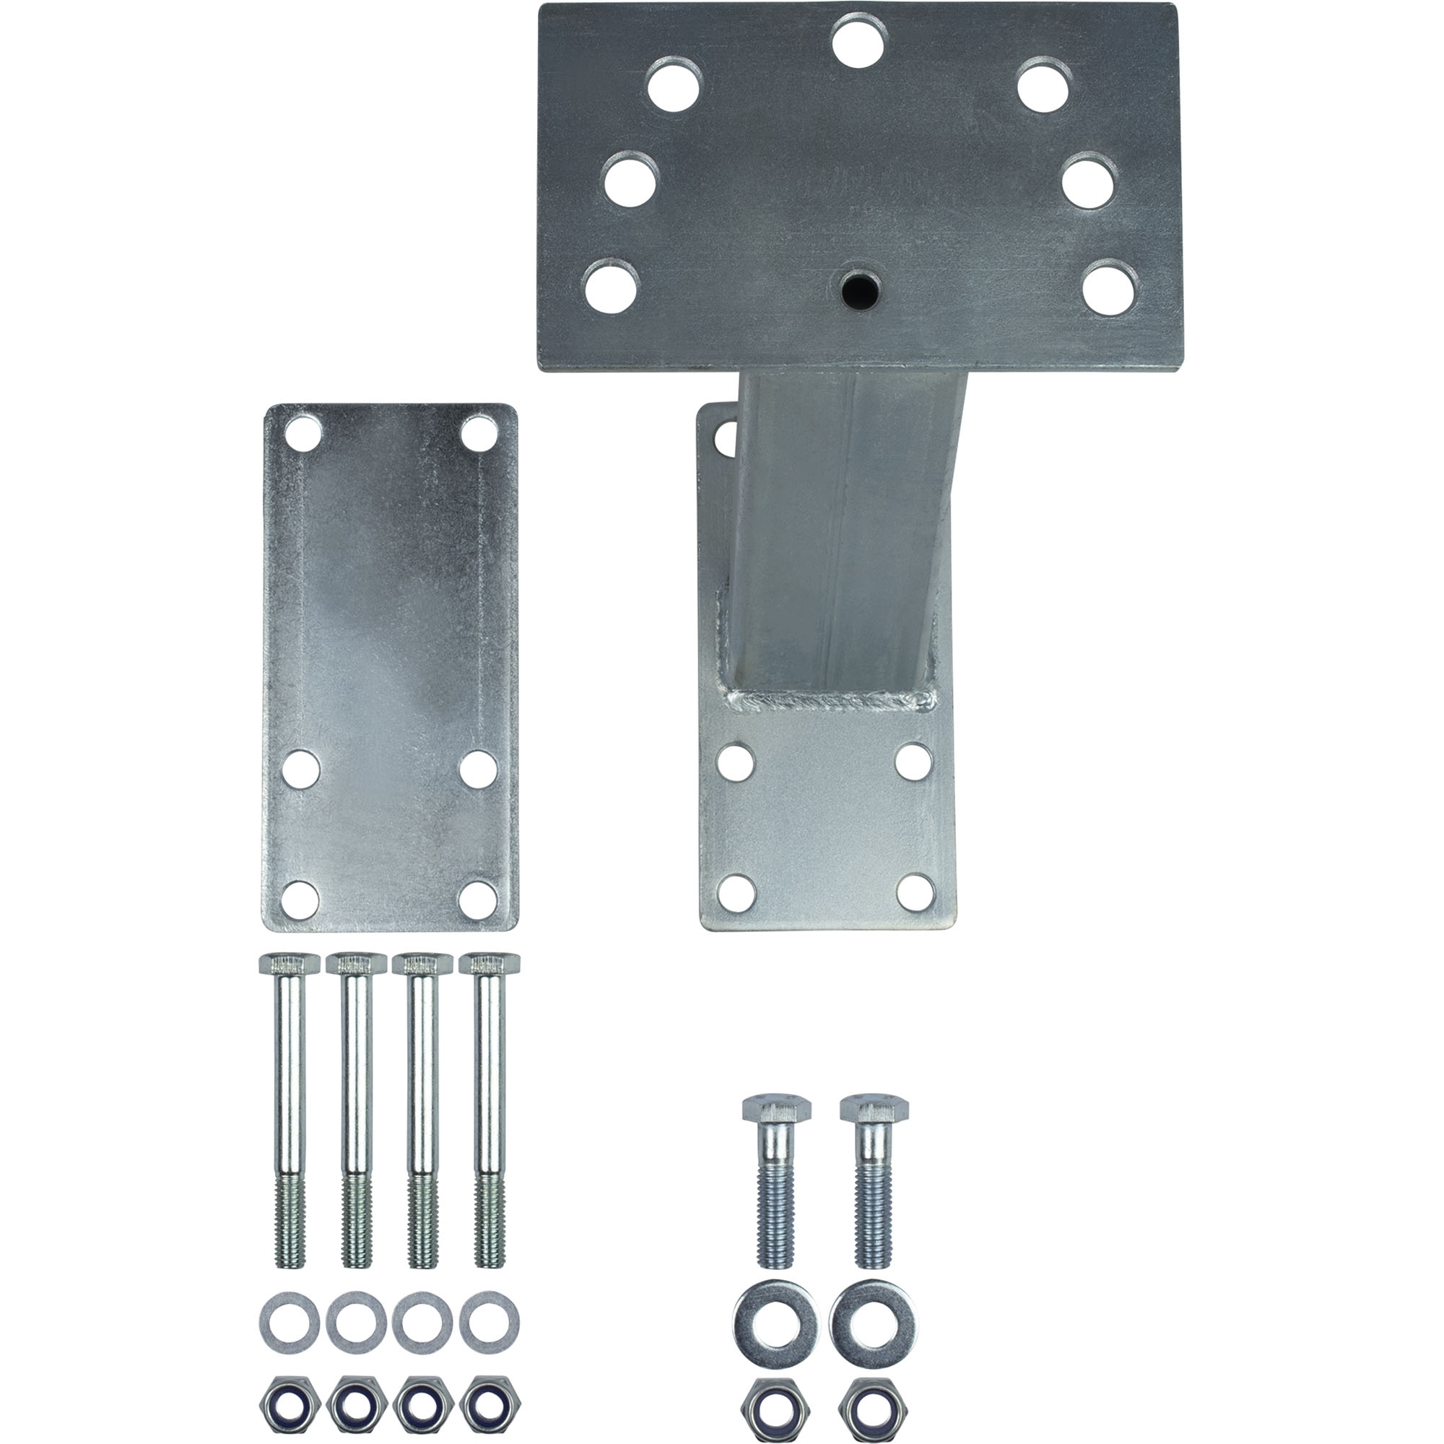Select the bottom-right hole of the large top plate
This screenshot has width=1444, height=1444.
pyautogui.click(x=1110, y=288)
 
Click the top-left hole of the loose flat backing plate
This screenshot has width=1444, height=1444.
pyautogui.click(x=302, y=433)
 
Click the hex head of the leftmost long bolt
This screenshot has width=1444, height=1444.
pyautogui.click(x=289, y=964)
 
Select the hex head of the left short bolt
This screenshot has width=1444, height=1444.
pyautogui.click(x=777, y=1109)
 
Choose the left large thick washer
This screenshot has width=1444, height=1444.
pyautogui.click(x=775, y=1322)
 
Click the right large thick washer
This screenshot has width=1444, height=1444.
pyautogui.click(x=872, y=1322)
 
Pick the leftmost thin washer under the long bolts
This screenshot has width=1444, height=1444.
pyautogui.click(x=290, y=1323)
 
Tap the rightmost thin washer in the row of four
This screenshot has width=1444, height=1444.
pyautogui.click(x=490, y=1323)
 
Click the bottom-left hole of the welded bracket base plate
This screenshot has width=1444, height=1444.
pyautogui.click(x=736, y=892)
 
